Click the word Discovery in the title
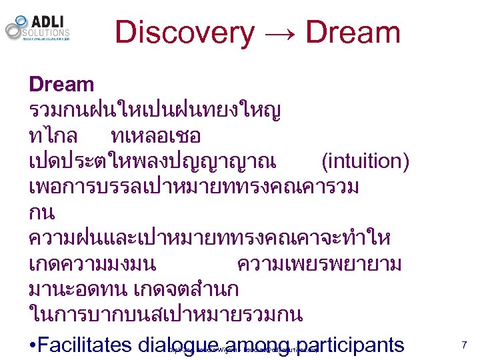[x=184, y=32]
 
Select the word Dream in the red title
[x=353, y=32]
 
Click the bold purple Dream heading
[x=61, y=85]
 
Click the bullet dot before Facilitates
[x=33, y=345]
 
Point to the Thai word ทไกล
[x=53, y=137]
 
